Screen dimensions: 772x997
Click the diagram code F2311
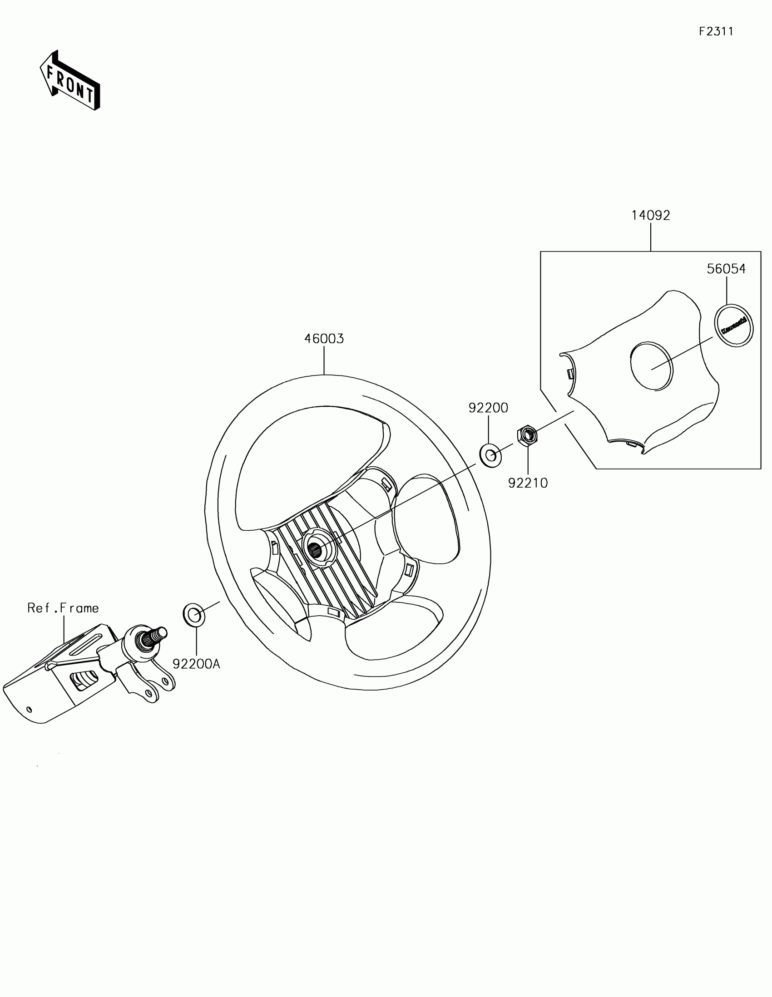716,31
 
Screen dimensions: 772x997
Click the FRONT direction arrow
70,80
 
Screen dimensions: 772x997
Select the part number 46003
324,339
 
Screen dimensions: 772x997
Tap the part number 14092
651,215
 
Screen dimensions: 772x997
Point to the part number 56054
726,269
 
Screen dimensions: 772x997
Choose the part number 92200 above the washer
488,408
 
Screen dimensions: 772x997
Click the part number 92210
528,483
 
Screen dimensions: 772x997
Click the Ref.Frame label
63,608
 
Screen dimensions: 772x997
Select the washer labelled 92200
490,455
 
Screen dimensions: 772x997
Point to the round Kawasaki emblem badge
734,326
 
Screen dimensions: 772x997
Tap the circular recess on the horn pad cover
652,365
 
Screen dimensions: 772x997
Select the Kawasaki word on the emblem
734,326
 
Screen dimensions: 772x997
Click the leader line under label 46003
324,360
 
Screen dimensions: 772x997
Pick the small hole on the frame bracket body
29,709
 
